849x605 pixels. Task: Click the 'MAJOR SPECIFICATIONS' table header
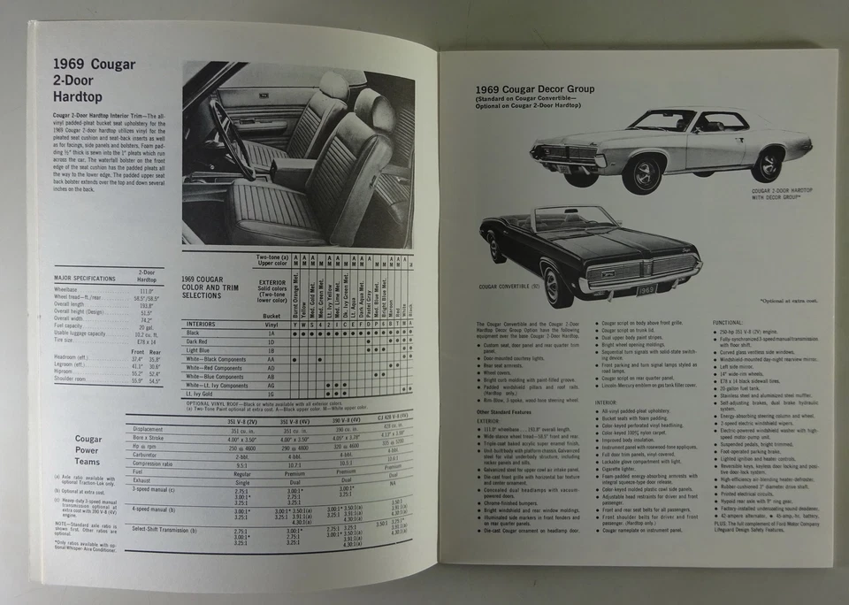85,278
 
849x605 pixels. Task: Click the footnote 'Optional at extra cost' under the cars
787,301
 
